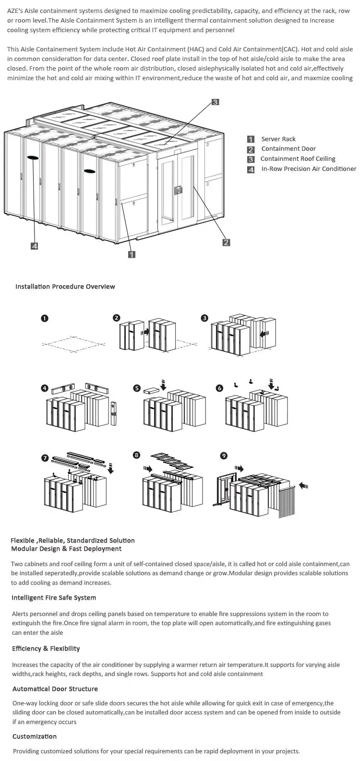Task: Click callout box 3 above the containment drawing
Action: click(x=216, y=102)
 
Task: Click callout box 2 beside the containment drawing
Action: click(x=226, y=242)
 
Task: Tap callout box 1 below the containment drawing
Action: click(x=132, y=254)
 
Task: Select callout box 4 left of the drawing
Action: click(x=35, y=246)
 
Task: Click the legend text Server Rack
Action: click(x=278, y=139)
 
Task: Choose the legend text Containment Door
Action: click(x=288, y=149)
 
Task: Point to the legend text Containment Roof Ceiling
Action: click(x=298, y=159)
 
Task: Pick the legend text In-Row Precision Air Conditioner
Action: click(x=309, y=169)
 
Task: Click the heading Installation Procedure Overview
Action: click(x=65, y=287)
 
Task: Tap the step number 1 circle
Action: click(x=44, y=318)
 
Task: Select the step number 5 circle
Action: click(x=137, y=388)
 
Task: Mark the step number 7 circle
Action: click(x=45, y=458)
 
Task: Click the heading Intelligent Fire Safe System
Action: click(x=54, y=598)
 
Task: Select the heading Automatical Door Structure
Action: click(x=55, y=689)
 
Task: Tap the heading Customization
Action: click(x=35, y=737)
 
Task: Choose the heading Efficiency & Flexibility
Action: click(x=46, y=649)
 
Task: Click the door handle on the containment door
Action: click(x=179, y=190)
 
